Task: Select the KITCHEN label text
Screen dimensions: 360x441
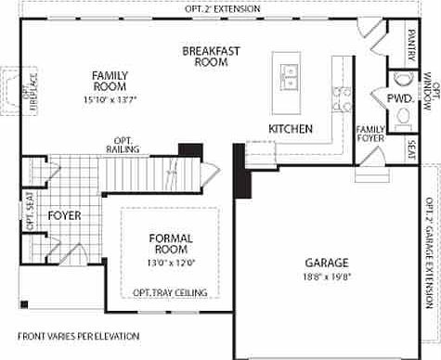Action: click(x=290, y=128)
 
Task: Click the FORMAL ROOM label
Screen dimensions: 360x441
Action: click(x=171, y=244)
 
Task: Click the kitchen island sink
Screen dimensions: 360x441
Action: click(x=289, y=75)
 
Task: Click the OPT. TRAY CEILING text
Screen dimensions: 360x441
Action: click(x=170, y=292)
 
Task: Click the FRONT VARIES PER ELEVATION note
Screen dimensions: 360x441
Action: click(x=78, y=335)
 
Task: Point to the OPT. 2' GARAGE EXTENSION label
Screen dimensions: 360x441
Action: click(x=430, y=251)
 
